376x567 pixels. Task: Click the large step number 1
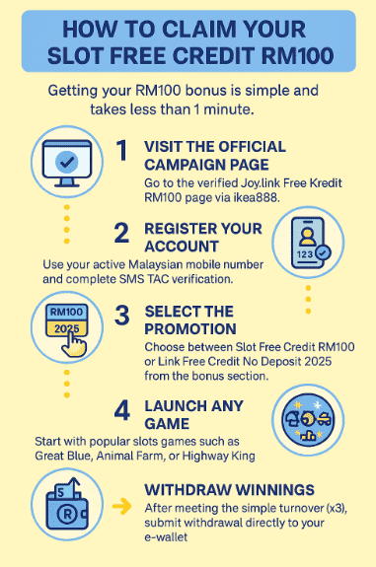pyautogui.click(x=122, y=151)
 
